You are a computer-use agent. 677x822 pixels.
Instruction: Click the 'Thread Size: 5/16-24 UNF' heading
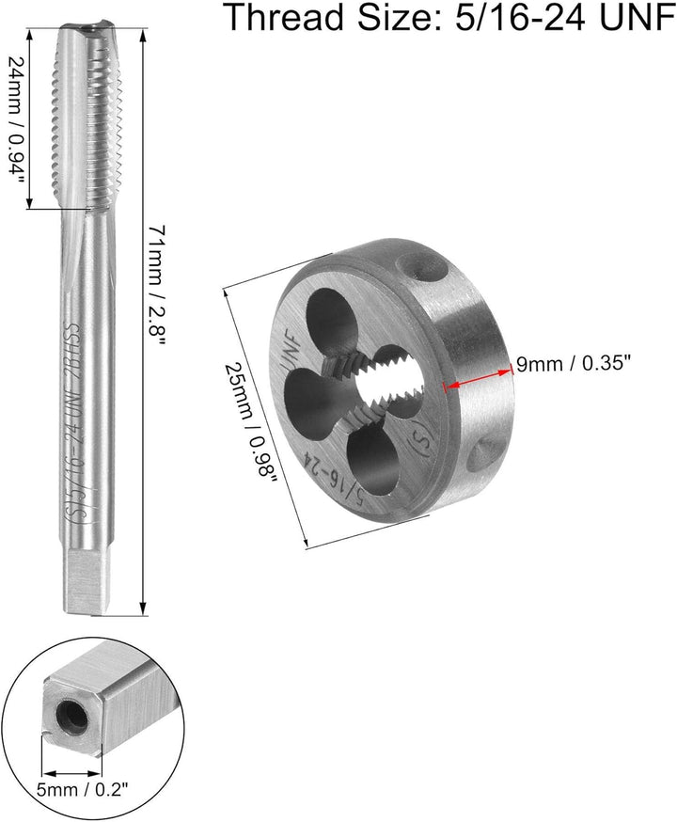click(x=450, y=17)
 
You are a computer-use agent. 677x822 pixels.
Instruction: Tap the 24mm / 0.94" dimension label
click(x=15, y=119)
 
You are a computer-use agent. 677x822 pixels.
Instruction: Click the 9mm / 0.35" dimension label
click(x=573, y=363)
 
